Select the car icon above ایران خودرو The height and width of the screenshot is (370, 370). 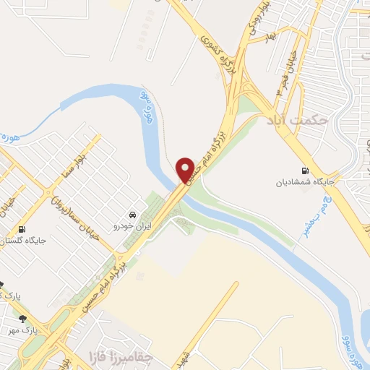click(x=132, y=215)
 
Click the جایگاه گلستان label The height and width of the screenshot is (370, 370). click(x=22, y=241)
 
